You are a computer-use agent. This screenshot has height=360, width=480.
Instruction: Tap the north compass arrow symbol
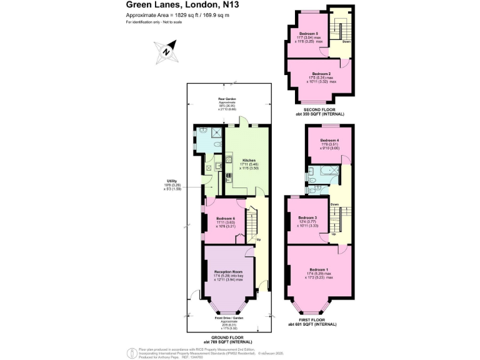[166, 52]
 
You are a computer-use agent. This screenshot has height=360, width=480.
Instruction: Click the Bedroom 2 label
[321, 74]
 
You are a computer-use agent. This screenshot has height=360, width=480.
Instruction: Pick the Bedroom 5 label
[309, 33]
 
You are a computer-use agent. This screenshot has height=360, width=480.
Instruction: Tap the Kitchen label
[249, 160]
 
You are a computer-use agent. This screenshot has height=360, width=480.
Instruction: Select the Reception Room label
[228, 272]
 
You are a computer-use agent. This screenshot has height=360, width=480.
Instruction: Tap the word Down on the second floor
[346, 42]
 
